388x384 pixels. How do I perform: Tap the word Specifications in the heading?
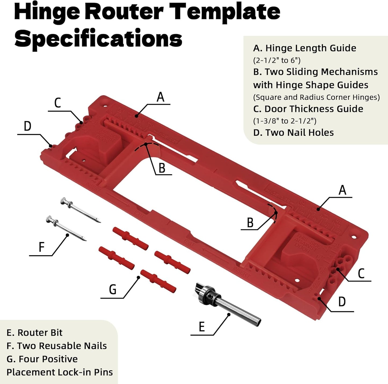[x=98, y=38]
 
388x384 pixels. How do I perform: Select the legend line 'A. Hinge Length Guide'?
[x=304, y=48]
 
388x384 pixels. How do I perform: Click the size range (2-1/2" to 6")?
[x=277, y=60]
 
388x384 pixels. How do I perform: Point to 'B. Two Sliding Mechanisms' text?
[x=315, y=72]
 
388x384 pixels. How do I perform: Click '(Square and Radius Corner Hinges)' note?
[x=316, y=97]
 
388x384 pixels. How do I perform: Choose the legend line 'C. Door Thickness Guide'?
[x=308, y=109]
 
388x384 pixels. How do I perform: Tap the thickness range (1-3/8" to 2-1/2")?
[x=285, y=121]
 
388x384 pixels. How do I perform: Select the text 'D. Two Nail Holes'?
[x=293, y=132]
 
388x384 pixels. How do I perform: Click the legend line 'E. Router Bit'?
[x=34, y=333]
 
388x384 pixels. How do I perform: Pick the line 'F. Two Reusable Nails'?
[x=56, y=346]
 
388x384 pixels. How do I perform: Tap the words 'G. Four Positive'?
[x=42, y=359]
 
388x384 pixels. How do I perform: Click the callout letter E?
[x=202, y=327]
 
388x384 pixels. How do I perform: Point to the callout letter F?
[x=41, y=247]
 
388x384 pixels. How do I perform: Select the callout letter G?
[x=113, y=290]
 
